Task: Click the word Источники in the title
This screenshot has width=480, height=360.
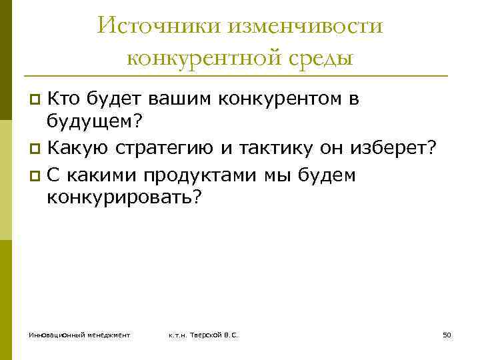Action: click(x=155, y=27)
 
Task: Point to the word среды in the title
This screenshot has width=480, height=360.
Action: click(x=319, y=59)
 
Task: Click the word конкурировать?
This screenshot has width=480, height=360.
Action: click(x=123, y=199)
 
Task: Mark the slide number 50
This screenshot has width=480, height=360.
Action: click(x=447, y=335)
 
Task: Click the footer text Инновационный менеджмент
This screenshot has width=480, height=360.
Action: click(x=79, y=335)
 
